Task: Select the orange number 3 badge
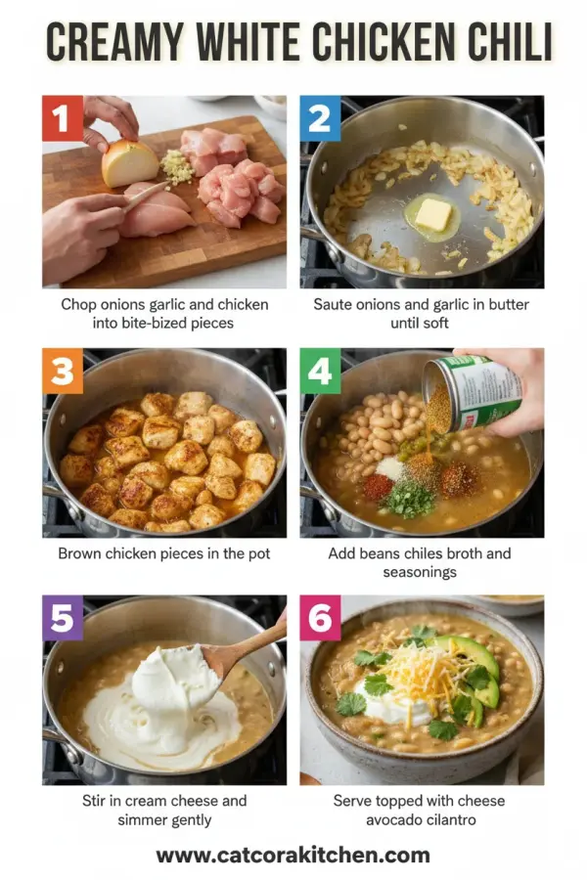[62, 370]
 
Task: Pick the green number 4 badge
[320, 370]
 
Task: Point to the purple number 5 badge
[62, 617]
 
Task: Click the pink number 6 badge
[320, 617]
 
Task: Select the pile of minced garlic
[177, 166]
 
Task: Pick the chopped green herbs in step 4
[408, 499]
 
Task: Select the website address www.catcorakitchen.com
[293, 856]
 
